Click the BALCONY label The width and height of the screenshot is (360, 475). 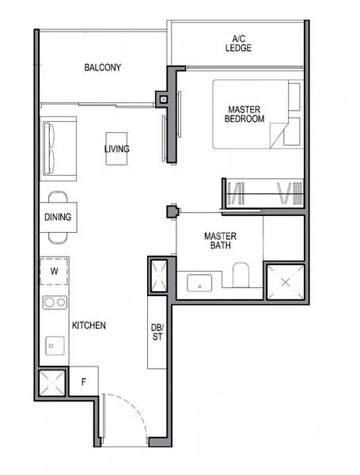[103, 67]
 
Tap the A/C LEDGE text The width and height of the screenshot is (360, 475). [238, 43]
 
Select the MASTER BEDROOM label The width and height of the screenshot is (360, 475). [245, 114]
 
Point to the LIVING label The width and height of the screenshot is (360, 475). [117, 149]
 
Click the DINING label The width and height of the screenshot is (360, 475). [58, 217]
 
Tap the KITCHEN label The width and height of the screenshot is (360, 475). [89, 325]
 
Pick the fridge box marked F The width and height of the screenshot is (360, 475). [84, 382]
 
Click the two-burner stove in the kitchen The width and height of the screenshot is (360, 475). [55, 302]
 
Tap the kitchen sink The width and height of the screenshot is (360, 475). [55, 344]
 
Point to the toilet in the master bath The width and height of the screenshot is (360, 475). [241, 276]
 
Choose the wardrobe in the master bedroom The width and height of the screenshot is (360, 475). [262, 194]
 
